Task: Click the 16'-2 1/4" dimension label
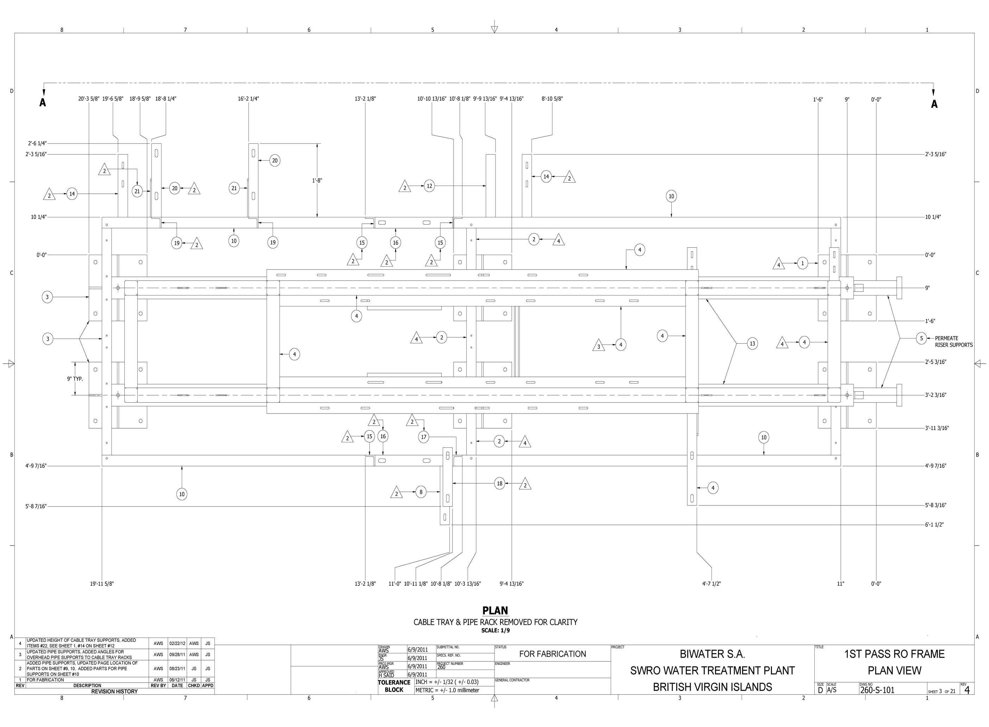point(249,99)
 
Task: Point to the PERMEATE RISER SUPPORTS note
point(954,342)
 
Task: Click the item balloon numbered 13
point(752,343)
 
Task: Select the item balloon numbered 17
point(424,436)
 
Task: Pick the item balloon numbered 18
point(500,484)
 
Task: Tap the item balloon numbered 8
point(421,492)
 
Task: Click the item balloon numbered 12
point(429,186)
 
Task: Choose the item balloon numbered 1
point(802,263)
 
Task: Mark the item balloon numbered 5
point(921,338)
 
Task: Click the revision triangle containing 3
point(599,346)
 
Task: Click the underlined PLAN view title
point(495,610)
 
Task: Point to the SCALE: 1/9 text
point(495,630)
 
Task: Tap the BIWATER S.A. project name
point(712,654)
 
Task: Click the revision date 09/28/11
point(177,655)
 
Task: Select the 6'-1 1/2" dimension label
point(934,524)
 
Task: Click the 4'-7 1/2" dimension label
point(711,584)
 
